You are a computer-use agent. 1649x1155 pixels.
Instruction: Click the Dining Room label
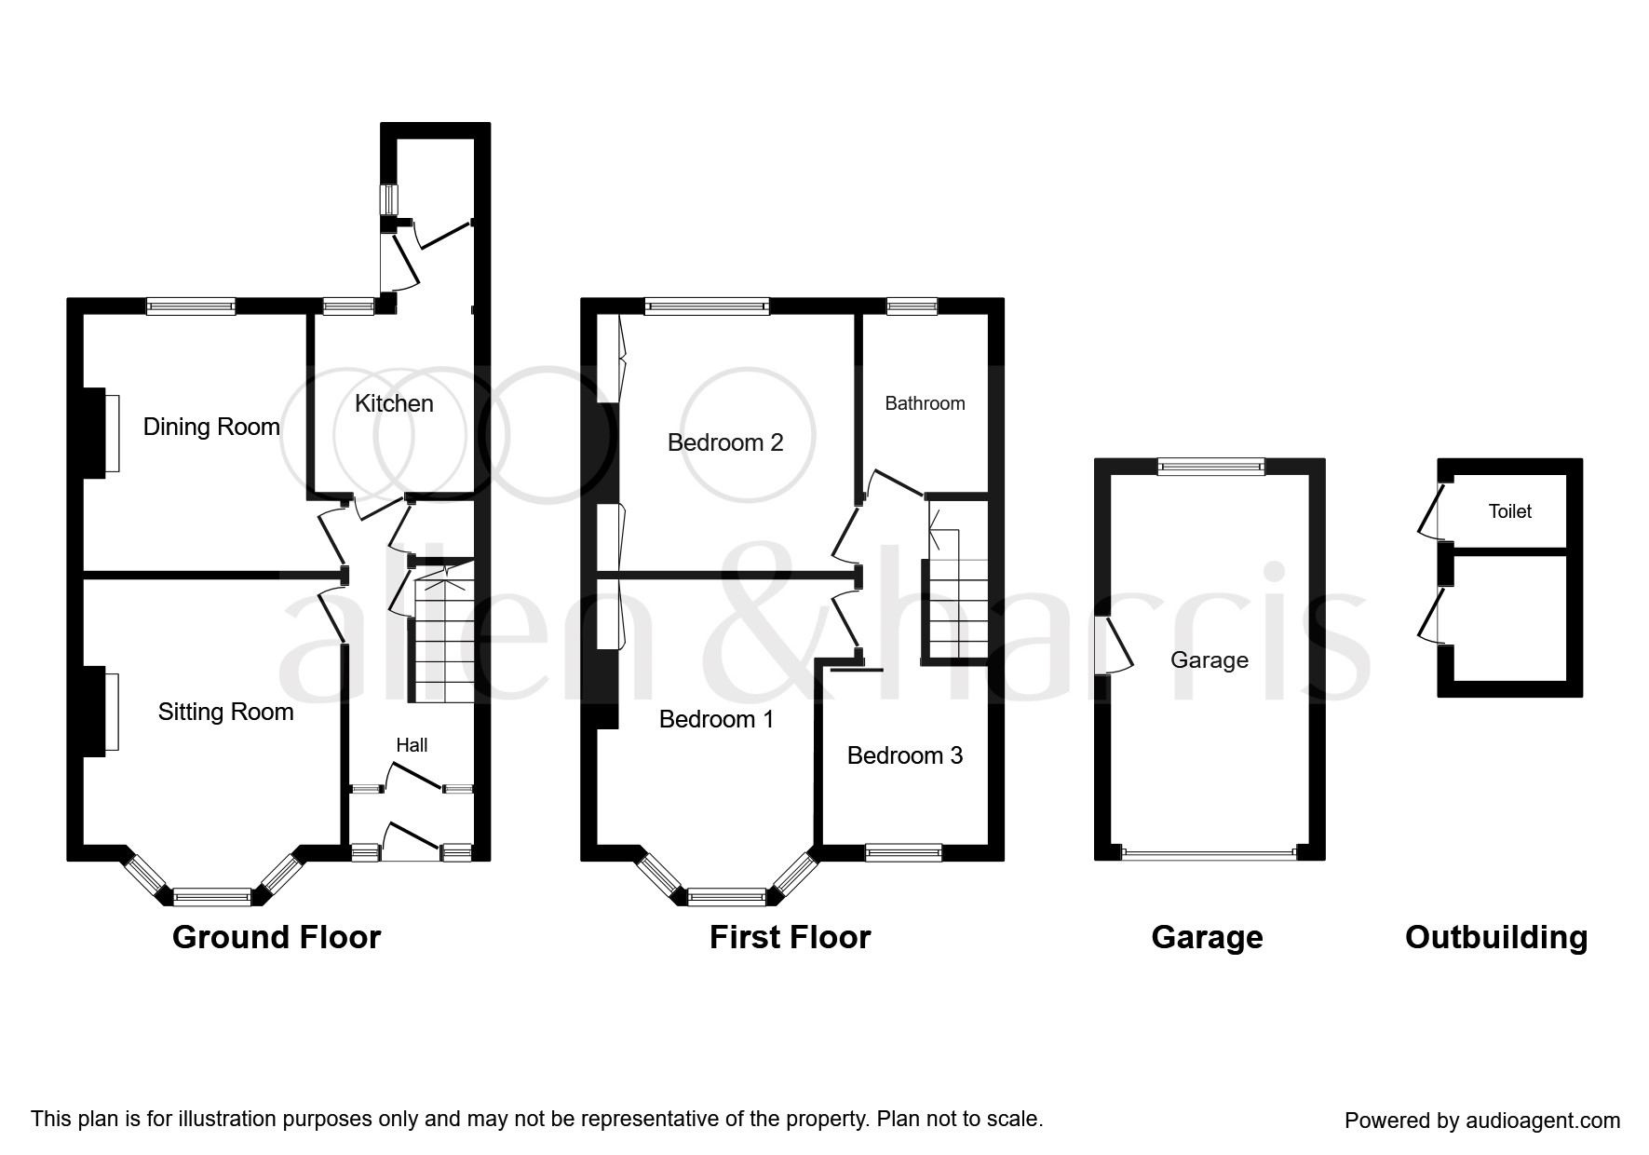211,428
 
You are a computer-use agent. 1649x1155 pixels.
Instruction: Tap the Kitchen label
394,403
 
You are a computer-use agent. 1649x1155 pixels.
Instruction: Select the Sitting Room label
225,713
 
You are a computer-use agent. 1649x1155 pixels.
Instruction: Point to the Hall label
412,745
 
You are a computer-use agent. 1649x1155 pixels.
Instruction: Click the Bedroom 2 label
725,442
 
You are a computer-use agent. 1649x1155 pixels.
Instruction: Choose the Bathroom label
925,403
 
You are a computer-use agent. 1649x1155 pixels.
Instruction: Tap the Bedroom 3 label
905,755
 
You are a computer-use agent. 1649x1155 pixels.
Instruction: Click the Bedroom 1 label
716,719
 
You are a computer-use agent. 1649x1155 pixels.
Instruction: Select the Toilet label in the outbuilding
1510,511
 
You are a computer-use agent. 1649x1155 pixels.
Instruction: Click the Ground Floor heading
277,937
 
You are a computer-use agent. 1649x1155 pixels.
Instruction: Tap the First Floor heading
790,937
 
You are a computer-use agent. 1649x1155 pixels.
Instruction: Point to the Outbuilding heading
1496,937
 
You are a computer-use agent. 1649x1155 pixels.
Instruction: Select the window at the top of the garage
1211,467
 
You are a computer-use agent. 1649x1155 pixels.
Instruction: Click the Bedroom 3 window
903,852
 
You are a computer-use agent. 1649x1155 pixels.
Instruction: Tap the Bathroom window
912,306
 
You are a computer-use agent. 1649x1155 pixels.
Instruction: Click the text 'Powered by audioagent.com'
1482,1121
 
